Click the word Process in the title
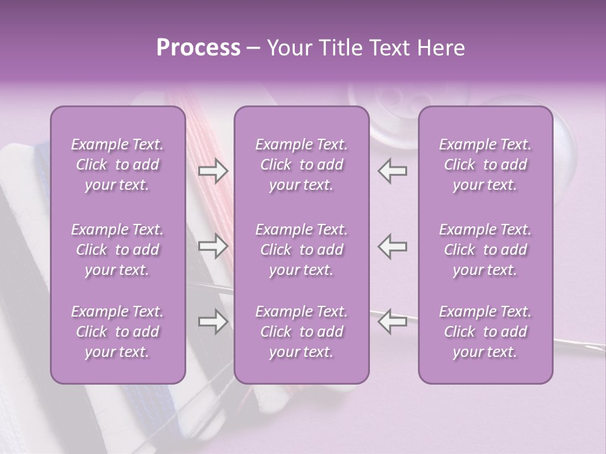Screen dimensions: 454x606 tap(198, 48)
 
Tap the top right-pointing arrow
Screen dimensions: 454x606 tap(213, 171)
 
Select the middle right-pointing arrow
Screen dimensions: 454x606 tap(213, 246)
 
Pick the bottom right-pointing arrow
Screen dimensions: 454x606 tap(213, 322)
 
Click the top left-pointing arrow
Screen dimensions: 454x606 tap(393, 171)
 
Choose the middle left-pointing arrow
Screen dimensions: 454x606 tap(393, 246)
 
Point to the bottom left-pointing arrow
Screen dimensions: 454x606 tap(393, 322)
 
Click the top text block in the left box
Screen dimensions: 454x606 tap(117, 165)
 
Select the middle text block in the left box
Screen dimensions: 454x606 tap(117, 250)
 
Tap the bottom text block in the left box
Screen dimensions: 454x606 tap(117, 332)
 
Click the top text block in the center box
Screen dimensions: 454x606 tap(301, 165)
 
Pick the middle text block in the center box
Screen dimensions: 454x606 tap(301, 250)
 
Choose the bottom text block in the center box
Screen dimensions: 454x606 tap(301, 332)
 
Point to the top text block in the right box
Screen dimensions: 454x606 tap(485, 165)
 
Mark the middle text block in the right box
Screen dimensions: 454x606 tap(485, 250)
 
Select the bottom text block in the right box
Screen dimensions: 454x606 tap(485, 332)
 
